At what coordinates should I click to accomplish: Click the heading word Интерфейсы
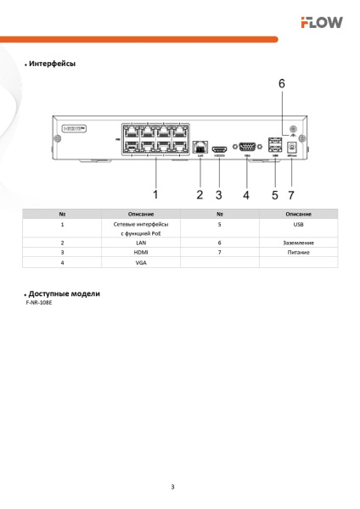pyautogui.click(x=52, y=64)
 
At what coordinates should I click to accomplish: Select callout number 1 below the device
pyautogui.click(x=155, y=194)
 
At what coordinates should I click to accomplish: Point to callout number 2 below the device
pyautogui.click(x=200, y=194)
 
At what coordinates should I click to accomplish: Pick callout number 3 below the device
pyautogui.click(x=219, y=194)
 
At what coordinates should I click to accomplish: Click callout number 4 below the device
pyautogui.click(x=245, y=194)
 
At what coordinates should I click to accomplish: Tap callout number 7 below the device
pyautogui.click(x=292, y=194)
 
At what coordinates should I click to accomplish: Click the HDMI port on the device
pyautogui.click(x=219, y=147)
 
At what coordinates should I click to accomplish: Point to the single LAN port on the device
pyautogui.click(x=200, y=146)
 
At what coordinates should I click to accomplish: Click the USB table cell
pyautogui.click(x=298, y=225)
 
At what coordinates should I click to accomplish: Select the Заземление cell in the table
pyautogui.click(x=298, y=243)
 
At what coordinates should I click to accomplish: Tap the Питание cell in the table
pyautogui.click(x=298, y=253)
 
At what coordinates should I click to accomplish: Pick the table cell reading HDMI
pyautogui.click(x=141, y=253)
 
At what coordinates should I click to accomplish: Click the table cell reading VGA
pyautogui.click(x=141, y=263)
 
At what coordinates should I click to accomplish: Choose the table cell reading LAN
pyautogui.click(x=141, y=243)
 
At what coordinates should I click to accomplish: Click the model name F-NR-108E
pyautogui.click(x=39, y=302)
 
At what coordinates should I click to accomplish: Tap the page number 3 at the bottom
pyautogui.click(x=172, y=487)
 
